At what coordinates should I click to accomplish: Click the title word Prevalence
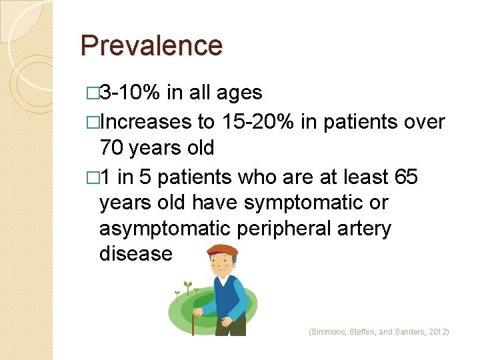coord(151,45)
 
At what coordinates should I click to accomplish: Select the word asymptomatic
coord(164,228)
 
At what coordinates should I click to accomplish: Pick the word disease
coord(135,254)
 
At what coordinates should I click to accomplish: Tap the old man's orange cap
coord(222,251)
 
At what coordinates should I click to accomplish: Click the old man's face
coord(223,264)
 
